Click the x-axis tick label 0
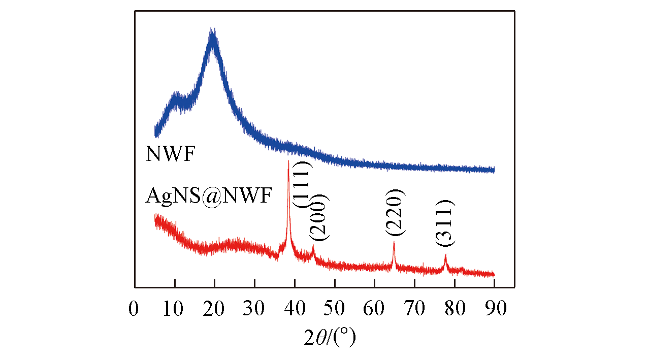pyautogui.click(x=134, y=309)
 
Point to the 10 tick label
pyautogui.click(x=174, y=309)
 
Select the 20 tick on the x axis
pyautogui.click(x=214, y=309)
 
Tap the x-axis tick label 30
pyautogui.click(x=254, y=309)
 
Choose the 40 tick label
pyautogui.click(x=294, y=309)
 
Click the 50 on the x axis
pyautogui.click(x=334, y=309)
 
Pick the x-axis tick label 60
pyautogui.click(x=374, y=309)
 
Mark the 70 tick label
pyautogui.click(x=414, y=309)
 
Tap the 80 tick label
pyautogui.click(x=454, y=309)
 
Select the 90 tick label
pyautogui.click(x=494, y=309)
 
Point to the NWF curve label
pyautogui.click(x=170, y=154)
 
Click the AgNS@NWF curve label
pyautogui.click(x=209, y=195)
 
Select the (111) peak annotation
pyautogui.click(x=305, y=184)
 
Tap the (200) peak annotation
pyautogui.click(x=321, y=217)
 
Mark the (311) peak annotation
pyautogui.click(x=445, y=223)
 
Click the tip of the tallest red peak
pyautogui.click(x=288, y=161)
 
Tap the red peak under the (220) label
pyautogui.click(x=394, y=243)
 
